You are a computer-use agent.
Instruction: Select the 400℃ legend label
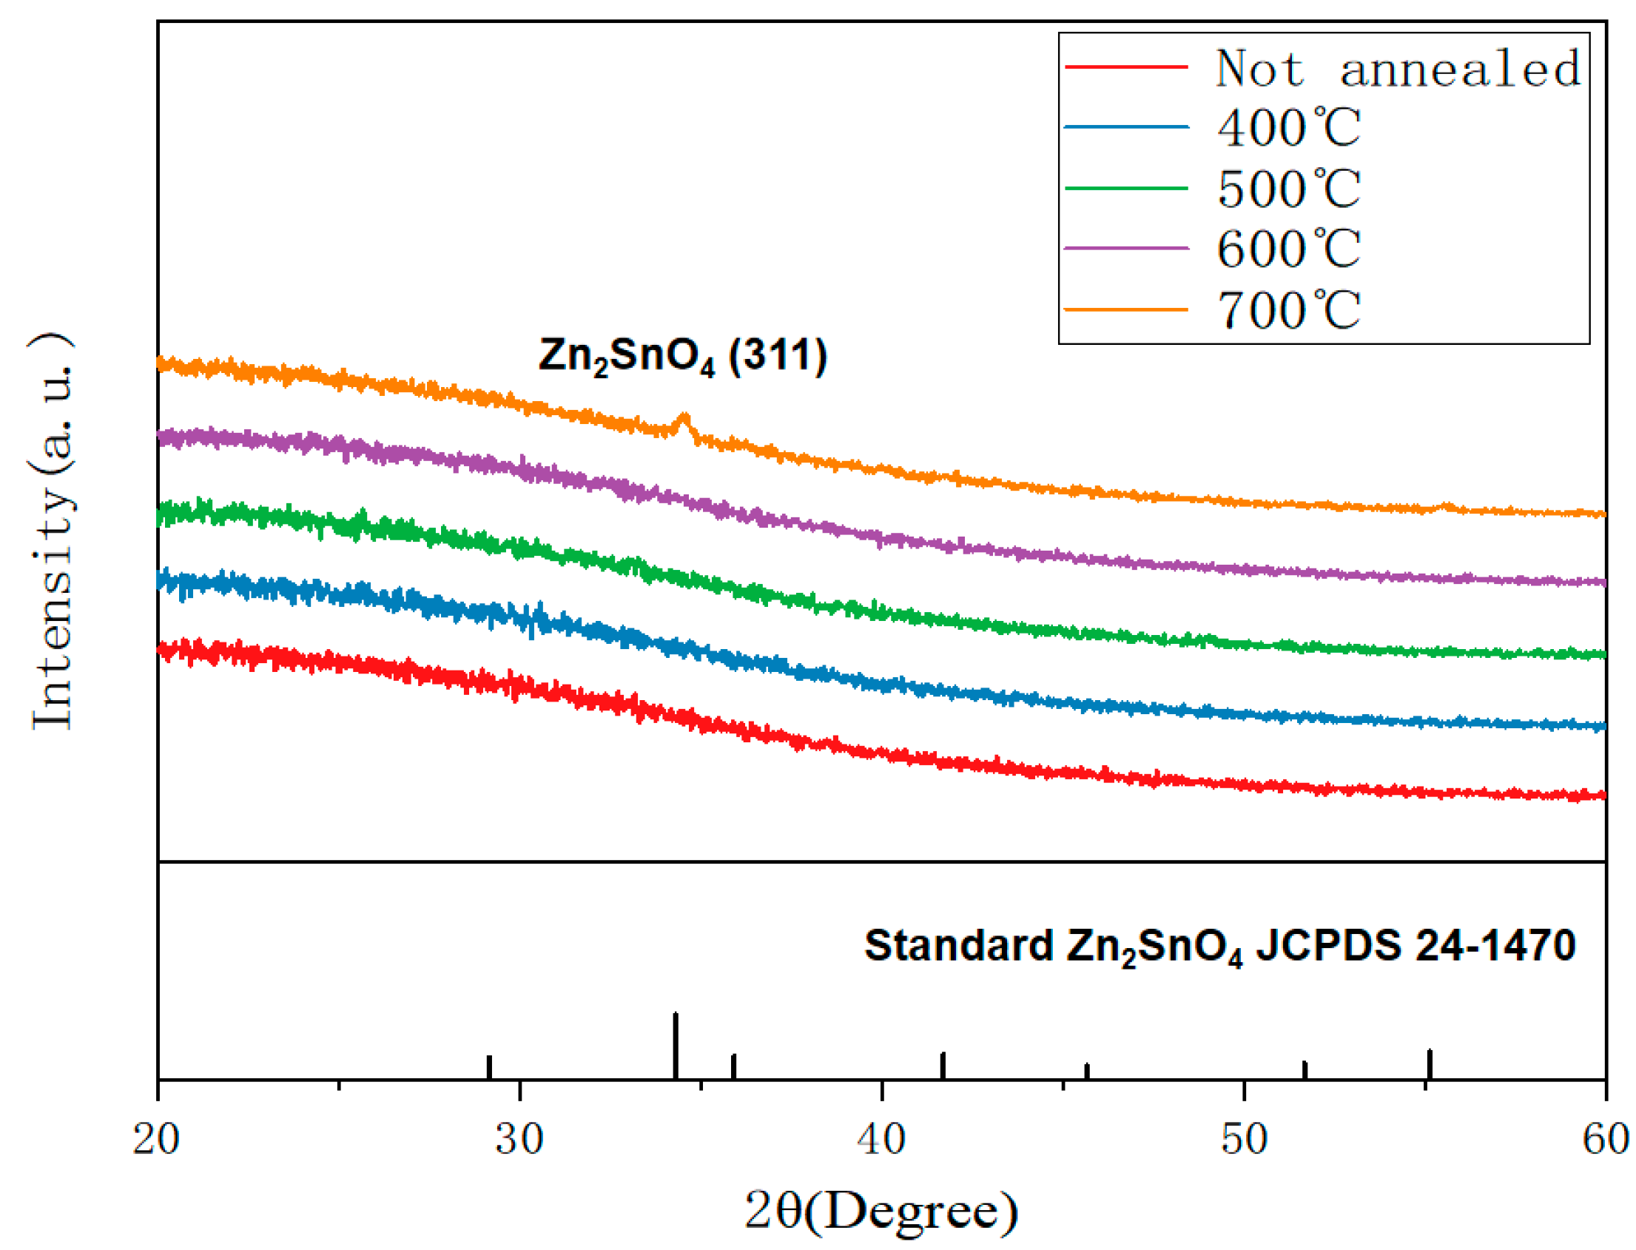[1287, 127]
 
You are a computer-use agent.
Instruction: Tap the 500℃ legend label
[1287, 188]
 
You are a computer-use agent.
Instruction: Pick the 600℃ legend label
[1287, 249]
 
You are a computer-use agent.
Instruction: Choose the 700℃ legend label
[1287, 309]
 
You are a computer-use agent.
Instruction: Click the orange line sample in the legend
[1125, 309]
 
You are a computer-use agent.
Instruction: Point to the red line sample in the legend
[1125, 67]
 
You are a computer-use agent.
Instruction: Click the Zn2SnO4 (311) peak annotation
[682, 356]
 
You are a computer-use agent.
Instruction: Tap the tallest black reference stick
[675, 1045]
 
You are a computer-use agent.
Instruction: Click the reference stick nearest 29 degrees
[489, 1066]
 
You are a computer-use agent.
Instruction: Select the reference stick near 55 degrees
[1428, 1063]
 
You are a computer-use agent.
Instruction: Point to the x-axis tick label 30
[519, 1139]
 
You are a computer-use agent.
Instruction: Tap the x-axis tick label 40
[881, 1139]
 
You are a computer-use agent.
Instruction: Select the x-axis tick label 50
[1243, 1139]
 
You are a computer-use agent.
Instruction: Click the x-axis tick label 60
[1606, 1139]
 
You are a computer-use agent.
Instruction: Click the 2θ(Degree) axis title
[881, 1212]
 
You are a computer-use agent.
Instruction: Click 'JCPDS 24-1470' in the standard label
[1415, 945]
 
